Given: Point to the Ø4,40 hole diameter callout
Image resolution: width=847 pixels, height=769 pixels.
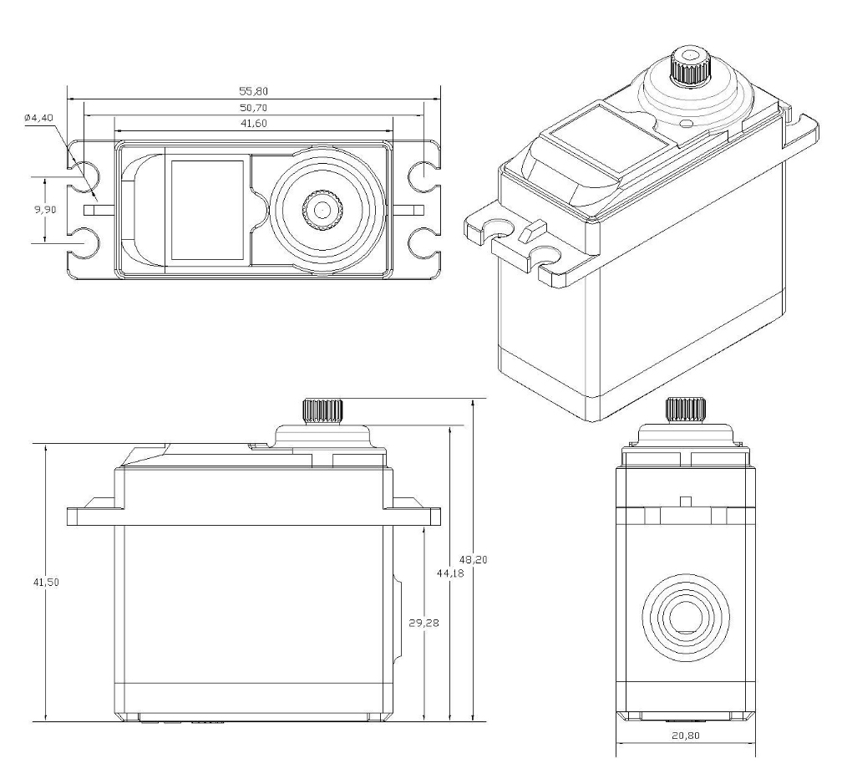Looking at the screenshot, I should point(38,119).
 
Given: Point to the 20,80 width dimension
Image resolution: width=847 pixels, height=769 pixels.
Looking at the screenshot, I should point(687,737).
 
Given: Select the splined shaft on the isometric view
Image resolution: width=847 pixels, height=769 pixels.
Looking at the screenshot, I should point(687,67).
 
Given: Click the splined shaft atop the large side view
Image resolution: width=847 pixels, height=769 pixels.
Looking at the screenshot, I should point(322,410).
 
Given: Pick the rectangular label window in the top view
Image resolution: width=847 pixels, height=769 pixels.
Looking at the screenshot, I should point(207,209).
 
